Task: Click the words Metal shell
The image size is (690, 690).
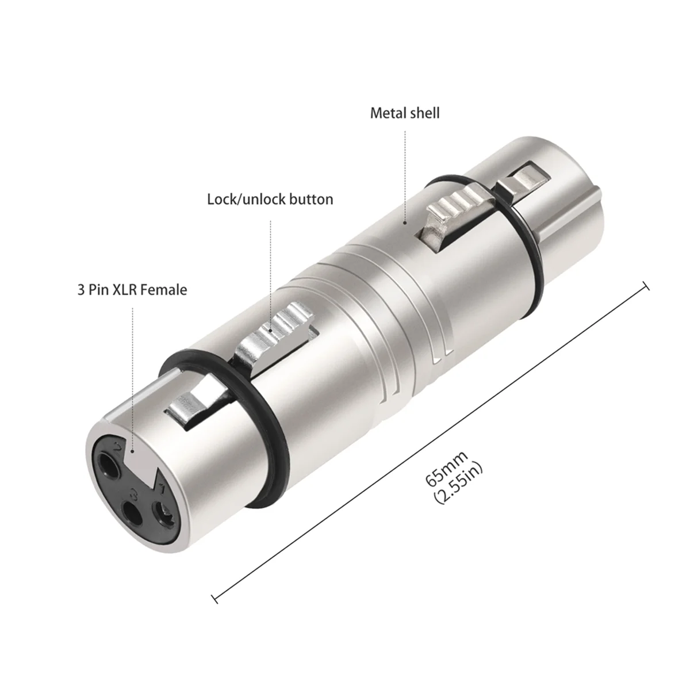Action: [404, 113]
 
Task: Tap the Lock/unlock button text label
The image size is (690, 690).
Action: [270, 200]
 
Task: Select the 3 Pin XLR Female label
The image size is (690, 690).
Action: [132, 290]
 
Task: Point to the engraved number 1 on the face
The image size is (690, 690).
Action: [163, 489]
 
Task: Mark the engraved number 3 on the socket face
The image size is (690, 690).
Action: [134, 493]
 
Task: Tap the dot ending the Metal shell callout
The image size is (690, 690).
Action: [405, 221]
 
